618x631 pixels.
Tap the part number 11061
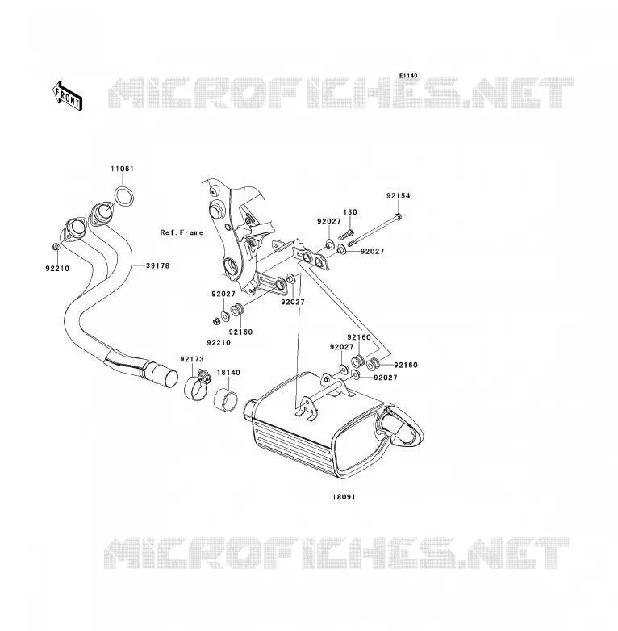click(x=123, y=169)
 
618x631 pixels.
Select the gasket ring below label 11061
click(x=124, y=197)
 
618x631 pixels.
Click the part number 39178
click(x=157, y=265)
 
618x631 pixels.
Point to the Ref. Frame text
click(x=182, y=232)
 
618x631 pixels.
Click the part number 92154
click(x=399, y=196)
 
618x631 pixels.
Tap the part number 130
click(x=350, y=212)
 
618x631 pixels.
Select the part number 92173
click(x=192, y=359)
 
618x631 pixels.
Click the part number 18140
click(x=228, y=373)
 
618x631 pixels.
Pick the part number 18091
click(x=344, y=497)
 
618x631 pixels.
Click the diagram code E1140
click(x=408, y=76)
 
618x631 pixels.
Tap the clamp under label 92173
click(x=197, y=387)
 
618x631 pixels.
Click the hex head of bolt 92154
click(x=399, y=217)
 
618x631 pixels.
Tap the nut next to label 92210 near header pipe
click(x=56, y=246)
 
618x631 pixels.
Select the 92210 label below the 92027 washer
click(x=219, y=343)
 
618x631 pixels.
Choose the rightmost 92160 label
click(x=406, y=365)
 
